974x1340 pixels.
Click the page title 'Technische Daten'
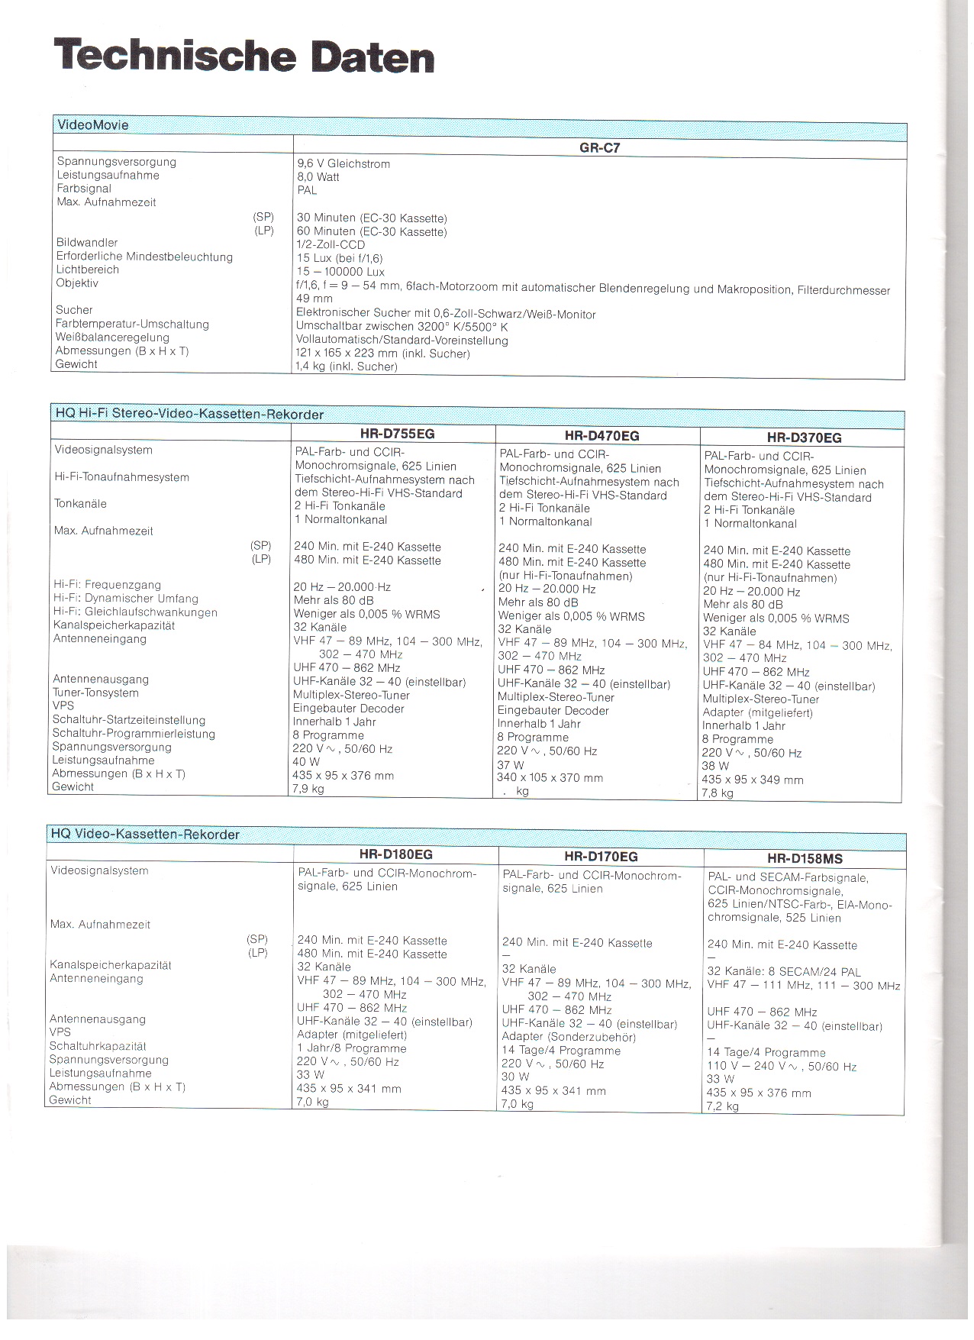pyautogui.click(x=244, y=56)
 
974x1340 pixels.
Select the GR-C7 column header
pyautogui.click(x=599, y=148)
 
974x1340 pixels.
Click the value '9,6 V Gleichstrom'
pyautogui.click(x=343, y=163)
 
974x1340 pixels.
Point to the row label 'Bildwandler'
pyautogui.click(x=87, y=243)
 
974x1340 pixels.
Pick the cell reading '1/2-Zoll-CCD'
pyautogui.click(x=331, y=245)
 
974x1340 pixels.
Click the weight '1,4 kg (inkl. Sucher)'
pyautogui.click(x=347, y=366)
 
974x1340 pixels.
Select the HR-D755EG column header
pyautogui.click(x=397, y=434)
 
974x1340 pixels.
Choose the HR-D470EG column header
pyautogui.click(x=601, y=436)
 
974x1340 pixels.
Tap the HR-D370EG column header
pyautogui.click(x=804, y=438)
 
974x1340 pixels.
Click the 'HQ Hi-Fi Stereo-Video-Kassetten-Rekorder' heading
pyautogui.click(x=189, y=414)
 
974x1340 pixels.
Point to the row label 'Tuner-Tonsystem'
pyautogui.click(x=95, y=693)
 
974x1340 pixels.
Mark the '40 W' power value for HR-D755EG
pyautogui.click(x=306, y=762)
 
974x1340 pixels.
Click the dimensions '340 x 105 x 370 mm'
pyautogui.click(x=550, y=778)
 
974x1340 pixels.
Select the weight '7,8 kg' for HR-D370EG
pyautogui.click(x=718, y=793)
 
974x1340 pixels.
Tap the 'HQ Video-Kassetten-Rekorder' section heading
pyautogui.click(x=145, y=834)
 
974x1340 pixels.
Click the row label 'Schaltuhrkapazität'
pyautogui.click(x=98, y=1046)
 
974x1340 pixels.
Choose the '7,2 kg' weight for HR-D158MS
pyautogui.click(x=723, y=1106)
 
